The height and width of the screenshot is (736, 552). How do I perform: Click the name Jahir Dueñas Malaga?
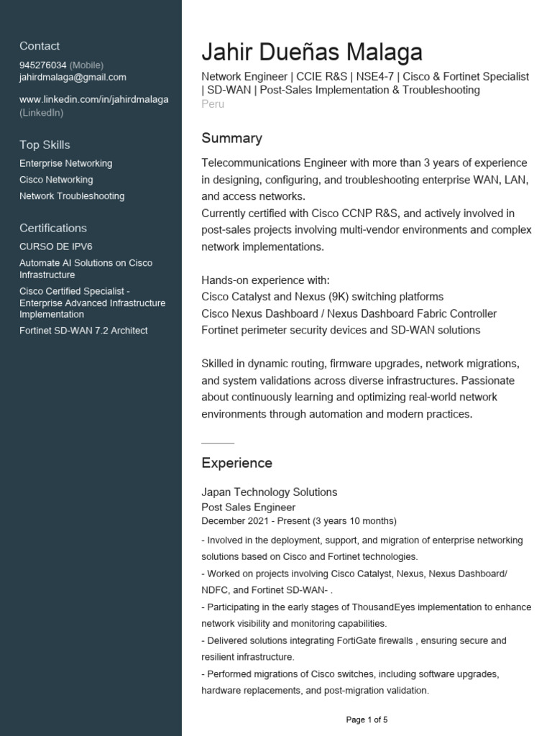click(312, 52)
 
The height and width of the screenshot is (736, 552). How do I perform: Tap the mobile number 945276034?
click(43, 65)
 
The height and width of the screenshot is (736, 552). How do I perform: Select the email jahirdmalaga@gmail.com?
click(73, 77)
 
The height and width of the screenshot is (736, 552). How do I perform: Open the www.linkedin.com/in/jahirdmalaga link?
click(94, 99)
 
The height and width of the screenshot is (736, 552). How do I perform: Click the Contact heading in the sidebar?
click(40, 46)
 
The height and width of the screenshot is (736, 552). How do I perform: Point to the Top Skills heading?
click(45, 144)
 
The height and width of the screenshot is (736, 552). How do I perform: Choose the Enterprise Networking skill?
click(66, 164)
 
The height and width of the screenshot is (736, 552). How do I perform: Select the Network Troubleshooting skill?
click(72, 196)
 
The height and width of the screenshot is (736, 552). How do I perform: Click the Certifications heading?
click(53, 228)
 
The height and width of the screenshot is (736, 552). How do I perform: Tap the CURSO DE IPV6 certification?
click(56, 247)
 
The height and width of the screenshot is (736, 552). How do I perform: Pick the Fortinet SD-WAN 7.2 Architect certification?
click(83, 331)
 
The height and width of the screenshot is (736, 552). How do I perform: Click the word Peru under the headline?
click(213, 104)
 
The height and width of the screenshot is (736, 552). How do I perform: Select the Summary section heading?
click(231, 138)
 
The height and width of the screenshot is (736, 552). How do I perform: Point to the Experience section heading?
click(236, 463)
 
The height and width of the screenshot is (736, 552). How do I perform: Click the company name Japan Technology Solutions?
click(269, 492)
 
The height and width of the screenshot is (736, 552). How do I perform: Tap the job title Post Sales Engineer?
click(248, 507)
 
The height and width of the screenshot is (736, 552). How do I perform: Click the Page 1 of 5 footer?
click(367, 719)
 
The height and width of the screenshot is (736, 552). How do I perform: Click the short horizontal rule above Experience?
click(218, 443)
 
